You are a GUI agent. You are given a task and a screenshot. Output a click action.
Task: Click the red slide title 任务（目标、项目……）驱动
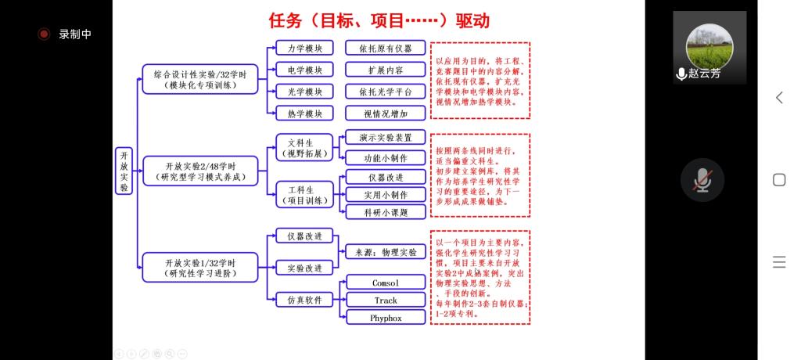coord(379,20)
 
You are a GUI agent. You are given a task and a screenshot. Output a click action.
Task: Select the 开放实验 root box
coord(124,171)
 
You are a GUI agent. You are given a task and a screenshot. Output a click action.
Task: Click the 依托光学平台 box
coord(386,92)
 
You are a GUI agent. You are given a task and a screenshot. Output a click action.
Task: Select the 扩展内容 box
coord(386,70)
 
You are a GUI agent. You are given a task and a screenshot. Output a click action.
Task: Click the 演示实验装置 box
coord(386,137)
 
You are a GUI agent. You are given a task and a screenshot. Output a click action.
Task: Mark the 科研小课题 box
coord(386,212)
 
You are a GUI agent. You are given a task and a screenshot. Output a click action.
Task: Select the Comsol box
coord(386,282)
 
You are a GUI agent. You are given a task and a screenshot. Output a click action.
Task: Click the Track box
coord(386,300)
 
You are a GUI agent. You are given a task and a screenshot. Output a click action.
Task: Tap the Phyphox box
coord(386,318)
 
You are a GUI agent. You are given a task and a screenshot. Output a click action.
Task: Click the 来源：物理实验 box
coord(386,252)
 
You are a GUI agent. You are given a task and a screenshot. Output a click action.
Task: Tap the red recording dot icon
coord(45,34)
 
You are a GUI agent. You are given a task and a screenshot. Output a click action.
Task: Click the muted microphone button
coord(702,179)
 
